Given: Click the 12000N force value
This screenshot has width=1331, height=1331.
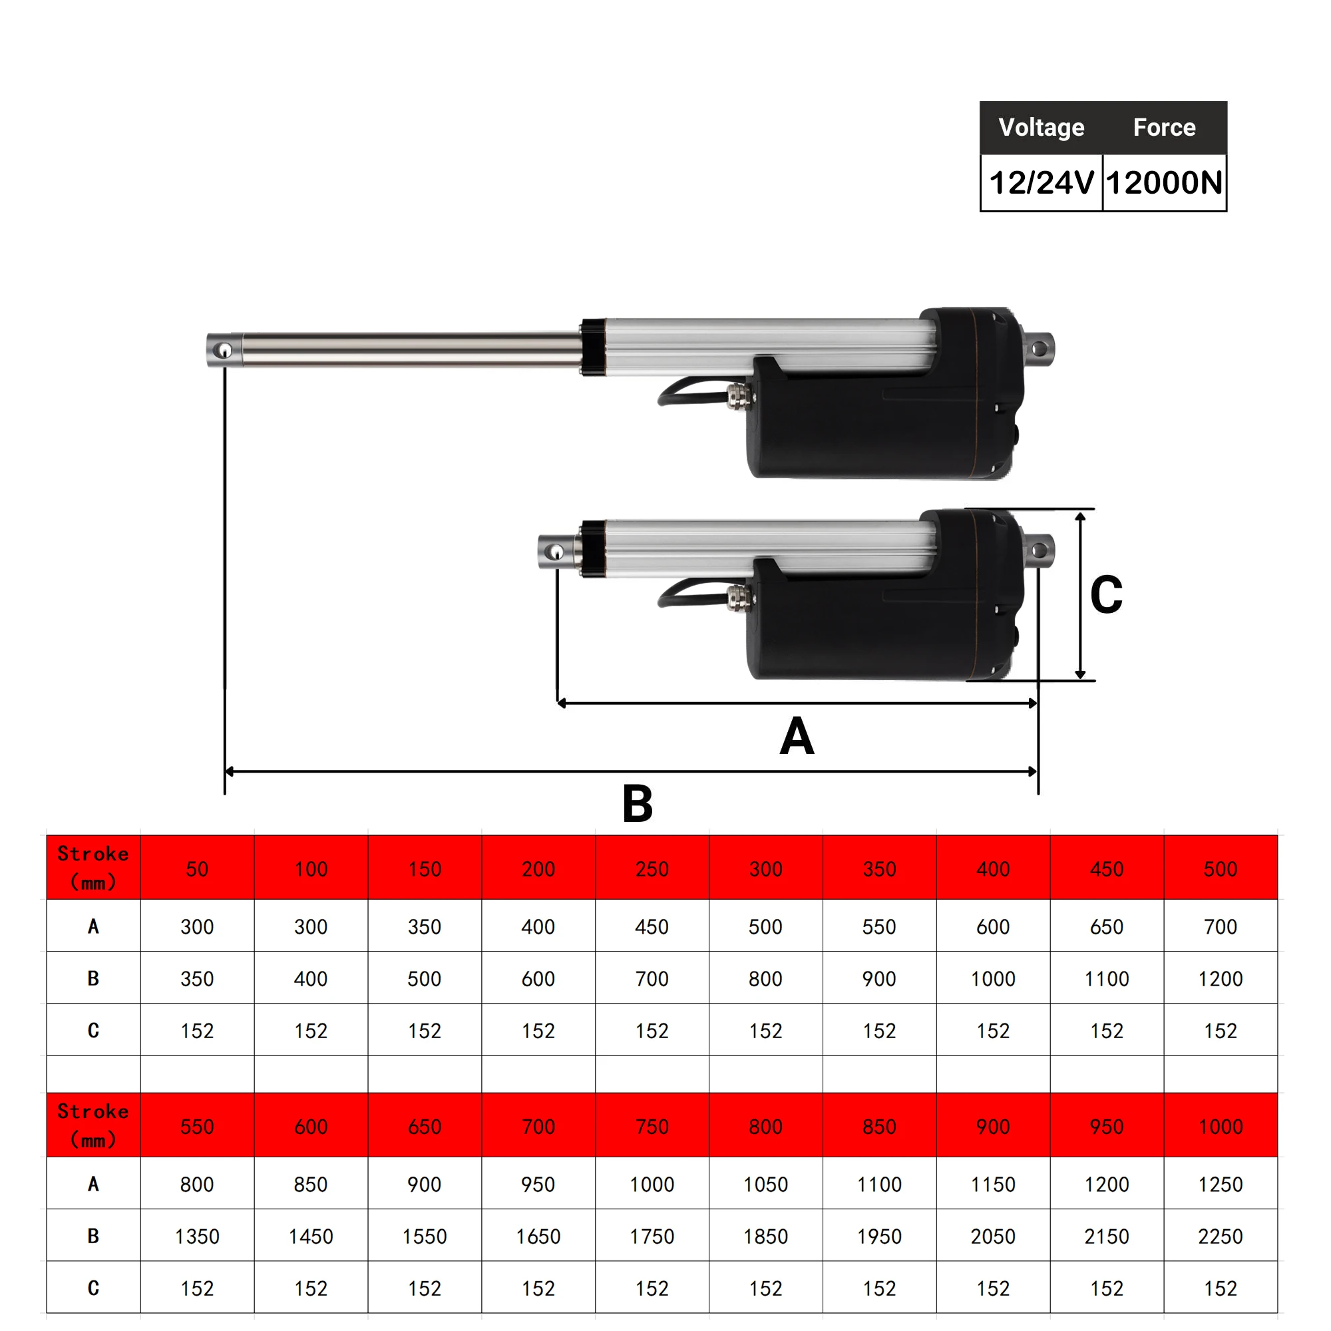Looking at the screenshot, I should pyautogui.click(x=1163, y=183).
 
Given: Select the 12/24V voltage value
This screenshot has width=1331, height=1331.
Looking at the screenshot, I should pyautogui.click(x=1041, y=183).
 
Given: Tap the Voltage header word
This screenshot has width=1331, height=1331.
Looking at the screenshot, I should pyautogui.click(x=1041, y=128).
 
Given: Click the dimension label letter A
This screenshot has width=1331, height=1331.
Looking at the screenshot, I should pyautogui.click(x=797, y=737).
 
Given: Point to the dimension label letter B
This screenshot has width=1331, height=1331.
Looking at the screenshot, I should pyautogui.click(x=638, y=803).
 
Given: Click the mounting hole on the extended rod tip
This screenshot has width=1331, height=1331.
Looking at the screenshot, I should pyautogui.click(x=222, y=351).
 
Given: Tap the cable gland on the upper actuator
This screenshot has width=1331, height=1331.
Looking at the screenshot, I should pyautogui.click(x=740, y=397).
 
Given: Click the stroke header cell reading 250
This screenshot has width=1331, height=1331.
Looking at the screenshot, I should pyautogui.click(x=652, y=868).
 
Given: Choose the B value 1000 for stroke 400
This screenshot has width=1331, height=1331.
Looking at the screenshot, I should pyautogui.click(x=993, y=978).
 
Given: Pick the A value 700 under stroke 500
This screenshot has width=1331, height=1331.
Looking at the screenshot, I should pyautogui.click(x=1220, y=926).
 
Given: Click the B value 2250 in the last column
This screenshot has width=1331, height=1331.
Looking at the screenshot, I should pyautogui.click(x=1220, y=1236).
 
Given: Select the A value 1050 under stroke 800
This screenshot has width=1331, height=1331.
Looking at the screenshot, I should pyautogui.click(x=765, y=1185).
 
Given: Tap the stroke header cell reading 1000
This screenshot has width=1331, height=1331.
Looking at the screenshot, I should pyautogui.click(x=1220, y=1127).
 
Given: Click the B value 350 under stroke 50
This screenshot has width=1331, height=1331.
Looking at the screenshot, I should pyautogui.click(x=197, y=978).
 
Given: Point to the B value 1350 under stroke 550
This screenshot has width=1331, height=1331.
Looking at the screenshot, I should pyautogui.click(x=197, y=1236).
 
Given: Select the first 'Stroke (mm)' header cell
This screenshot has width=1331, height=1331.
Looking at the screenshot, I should pyautogui.click(x=93, y=867).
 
